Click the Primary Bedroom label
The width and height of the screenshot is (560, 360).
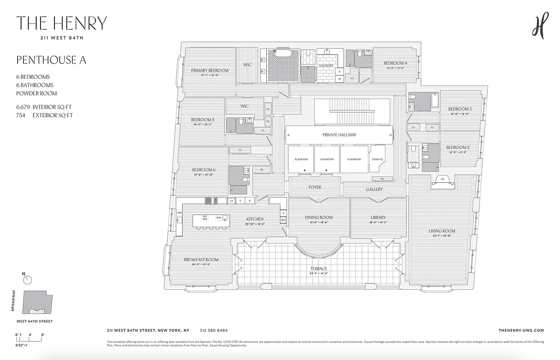[x=210, y=71]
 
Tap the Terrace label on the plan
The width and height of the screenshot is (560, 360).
[x=318, y=269]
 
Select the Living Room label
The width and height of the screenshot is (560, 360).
[x=442, y=231]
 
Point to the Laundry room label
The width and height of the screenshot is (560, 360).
[x=326, y=66]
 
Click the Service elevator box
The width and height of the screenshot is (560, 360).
[x=377, y=159]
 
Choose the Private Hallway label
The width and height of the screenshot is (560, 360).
[x=339, y=135]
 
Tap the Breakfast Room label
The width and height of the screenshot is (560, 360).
[x=201, y=260]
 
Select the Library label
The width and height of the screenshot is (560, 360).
[x=378, y=217]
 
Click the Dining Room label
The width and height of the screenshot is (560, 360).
[x=318, y=217]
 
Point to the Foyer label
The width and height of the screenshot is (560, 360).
[x=315, y=187]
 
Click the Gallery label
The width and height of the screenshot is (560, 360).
[x=374, y=189]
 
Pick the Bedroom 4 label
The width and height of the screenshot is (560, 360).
[x=395, y=63]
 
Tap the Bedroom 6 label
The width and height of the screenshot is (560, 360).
[x=203, y=170]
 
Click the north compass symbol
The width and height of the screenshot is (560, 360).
[x=28, y=280]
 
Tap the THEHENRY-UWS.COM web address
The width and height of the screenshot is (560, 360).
[x=521, y=330]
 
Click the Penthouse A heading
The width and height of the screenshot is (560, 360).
[x=51, y=60]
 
